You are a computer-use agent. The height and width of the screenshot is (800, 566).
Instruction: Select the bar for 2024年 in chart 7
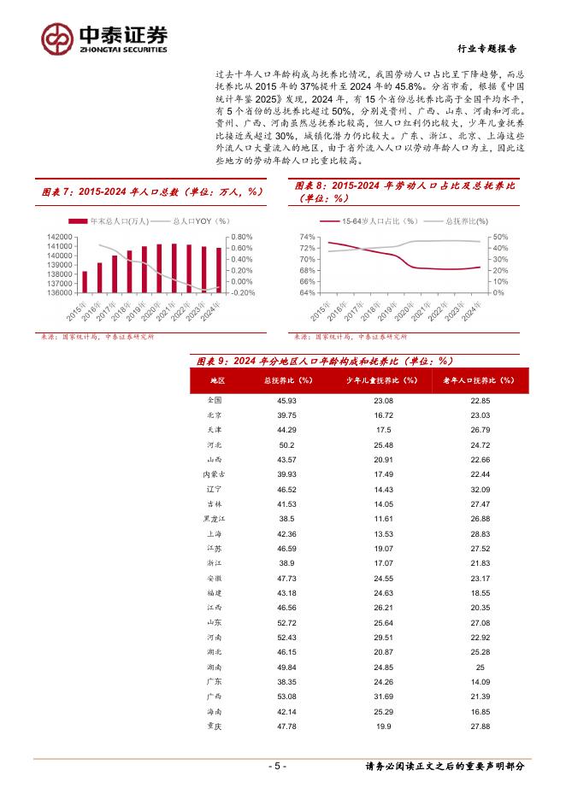(219, 270)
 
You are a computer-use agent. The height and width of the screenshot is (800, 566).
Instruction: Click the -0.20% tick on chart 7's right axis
(244, 292)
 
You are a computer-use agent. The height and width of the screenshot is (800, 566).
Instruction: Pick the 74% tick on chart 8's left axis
(308, 237)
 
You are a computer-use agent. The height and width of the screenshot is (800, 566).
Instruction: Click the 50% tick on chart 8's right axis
(502, 237)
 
